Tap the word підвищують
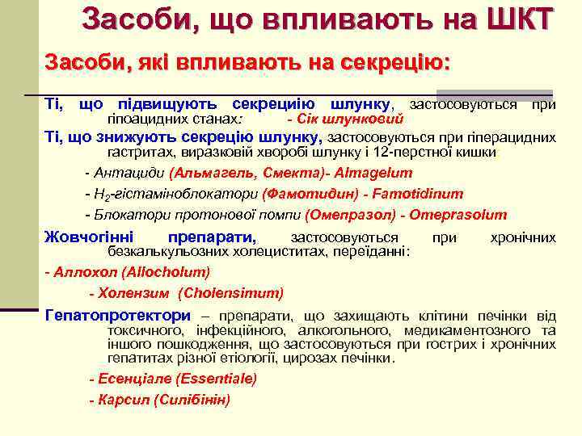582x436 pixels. [162, 104]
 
